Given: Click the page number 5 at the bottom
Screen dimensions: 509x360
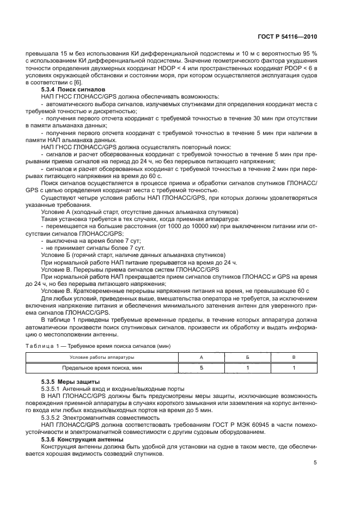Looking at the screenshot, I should (x=315, y=463).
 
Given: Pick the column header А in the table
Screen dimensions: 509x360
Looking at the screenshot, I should (x=201, y=357).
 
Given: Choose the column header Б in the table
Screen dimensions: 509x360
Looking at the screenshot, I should (x=248, y=357).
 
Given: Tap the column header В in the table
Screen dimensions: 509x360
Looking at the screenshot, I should (x=294, y=357).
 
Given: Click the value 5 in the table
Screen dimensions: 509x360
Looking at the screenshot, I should (x=201, y=368).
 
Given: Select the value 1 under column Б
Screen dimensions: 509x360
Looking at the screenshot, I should (x=248, y=368).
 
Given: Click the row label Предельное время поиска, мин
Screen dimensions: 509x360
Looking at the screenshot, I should (x=102, y=368).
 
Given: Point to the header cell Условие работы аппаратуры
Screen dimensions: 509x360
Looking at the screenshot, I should (x=102, y=357).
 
